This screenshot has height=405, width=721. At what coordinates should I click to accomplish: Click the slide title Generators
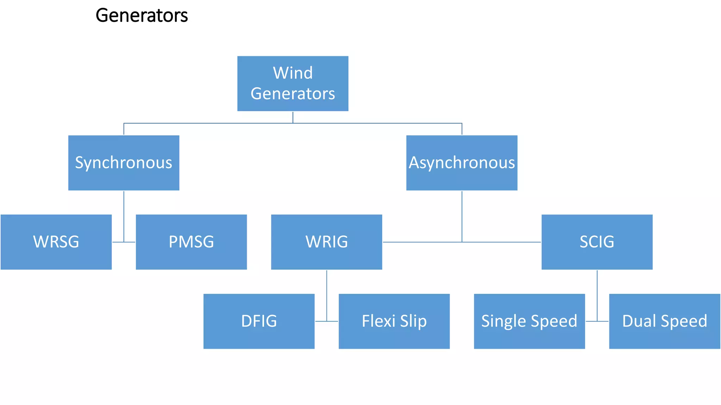coord(142,15)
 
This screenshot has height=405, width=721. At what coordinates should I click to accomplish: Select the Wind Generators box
coord(293,84)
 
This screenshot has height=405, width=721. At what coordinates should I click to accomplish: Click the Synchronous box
coord(124,163)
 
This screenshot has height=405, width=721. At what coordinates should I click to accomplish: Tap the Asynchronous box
coord(462,163)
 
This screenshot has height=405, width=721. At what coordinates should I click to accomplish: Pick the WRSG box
coord(56,242)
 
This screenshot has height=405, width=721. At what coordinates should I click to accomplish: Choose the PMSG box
coord(191,242)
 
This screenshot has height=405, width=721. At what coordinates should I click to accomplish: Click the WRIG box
coord(326,242)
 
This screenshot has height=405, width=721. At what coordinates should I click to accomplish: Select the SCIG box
coord(597,242)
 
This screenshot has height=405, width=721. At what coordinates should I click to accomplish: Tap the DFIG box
coord(259,321)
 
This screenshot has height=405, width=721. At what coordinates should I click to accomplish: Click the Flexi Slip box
coord(394,321)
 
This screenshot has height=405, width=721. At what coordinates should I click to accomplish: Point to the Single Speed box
coord(529,321)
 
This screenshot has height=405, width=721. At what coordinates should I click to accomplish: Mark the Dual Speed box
coord(664,321)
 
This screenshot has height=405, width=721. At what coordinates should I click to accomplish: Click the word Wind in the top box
coord(293,73)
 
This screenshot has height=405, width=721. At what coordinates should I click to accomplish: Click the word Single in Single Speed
coord(504,321)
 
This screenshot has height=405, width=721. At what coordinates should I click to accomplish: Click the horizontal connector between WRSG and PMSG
coord(124,242)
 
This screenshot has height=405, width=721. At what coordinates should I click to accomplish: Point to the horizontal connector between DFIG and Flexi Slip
coord(326,321)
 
